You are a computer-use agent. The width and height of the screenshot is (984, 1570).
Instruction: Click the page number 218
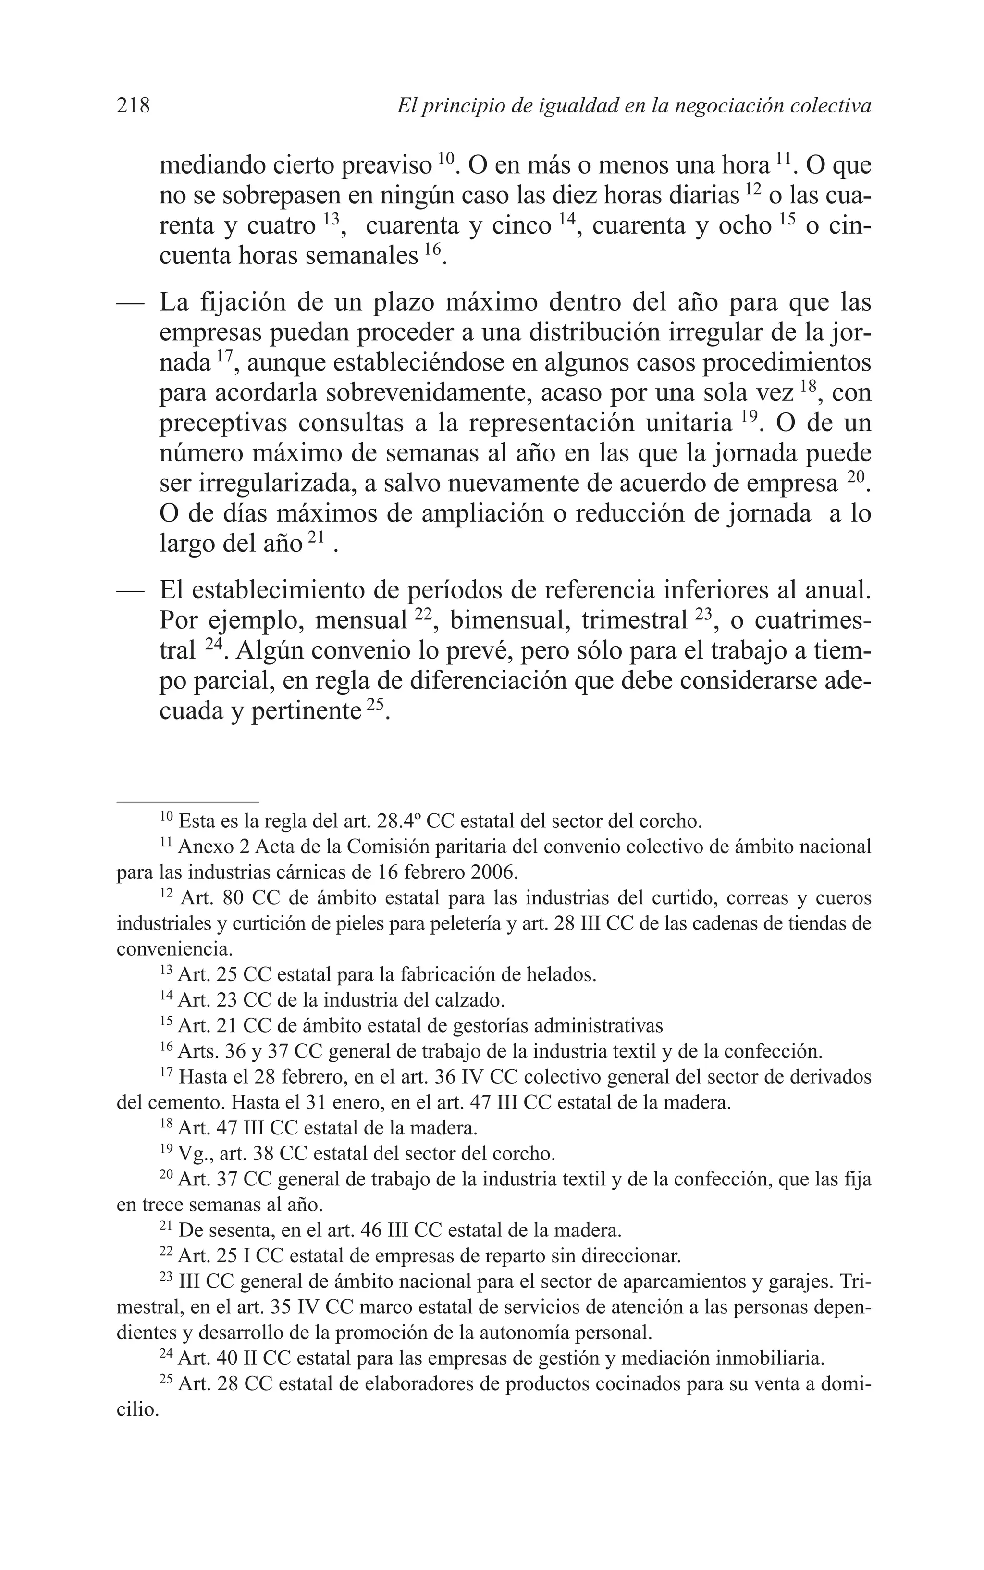134,105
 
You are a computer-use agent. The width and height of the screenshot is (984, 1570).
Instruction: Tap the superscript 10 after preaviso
445,158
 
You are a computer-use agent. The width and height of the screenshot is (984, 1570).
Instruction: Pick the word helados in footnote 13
564,975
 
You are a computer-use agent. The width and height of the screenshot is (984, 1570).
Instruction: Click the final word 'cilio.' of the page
137,1410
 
